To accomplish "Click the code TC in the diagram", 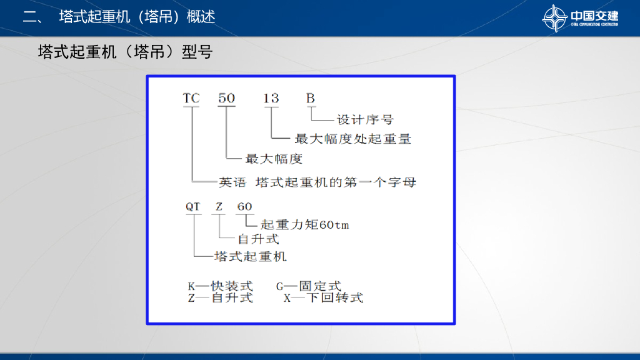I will (191, 99).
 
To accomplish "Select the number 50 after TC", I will (226, 99).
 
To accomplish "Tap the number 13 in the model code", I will (271, 99).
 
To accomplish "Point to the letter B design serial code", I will (311, 99).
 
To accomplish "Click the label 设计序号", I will (365, 119).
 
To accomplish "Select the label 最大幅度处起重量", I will (353, 139).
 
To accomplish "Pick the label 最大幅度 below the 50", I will (274, 159).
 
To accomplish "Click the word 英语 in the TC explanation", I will (231, 182).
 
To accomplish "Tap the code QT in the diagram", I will (193, 207).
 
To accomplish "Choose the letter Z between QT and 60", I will (219, 207).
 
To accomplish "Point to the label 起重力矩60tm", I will (304, 225).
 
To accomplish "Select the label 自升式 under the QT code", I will (258, 239).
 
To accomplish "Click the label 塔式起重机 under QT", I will (250, 256).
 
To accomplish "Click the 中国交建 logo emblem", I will (555, 17).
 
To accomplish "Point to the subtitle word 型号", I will (197, 52).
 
